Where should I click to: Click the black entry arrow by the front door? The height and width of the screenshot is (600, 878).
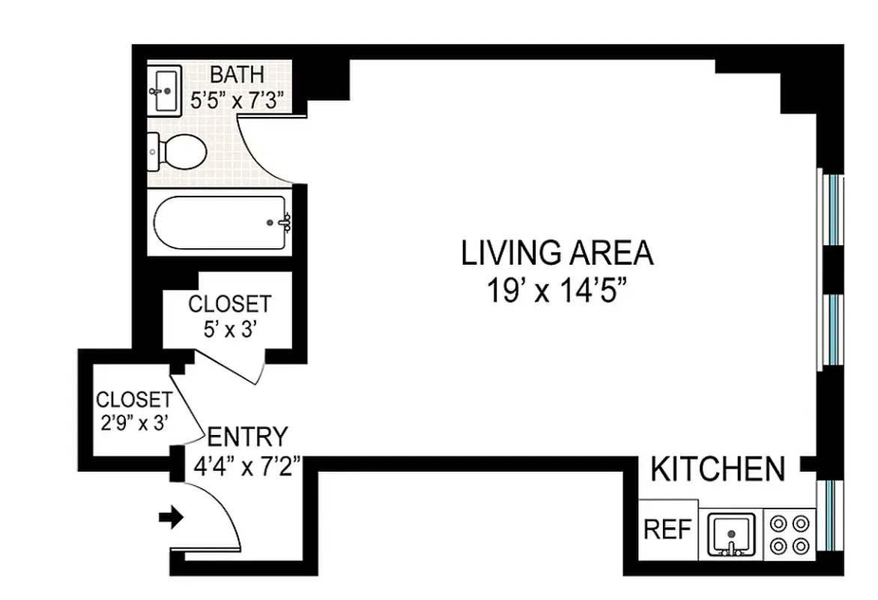click(x=172, y=517)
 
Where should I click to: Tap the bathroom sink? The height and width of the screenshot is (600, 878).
click(x=164, y=91)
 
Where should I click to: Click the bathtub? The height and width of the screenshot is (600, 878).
click(x=219, y=222)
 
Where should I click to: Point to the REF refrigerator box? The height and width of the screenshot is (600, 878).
click(x=667, y=530)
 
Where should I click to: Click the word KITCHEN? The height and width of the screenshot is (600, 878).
click(x=718, y=470)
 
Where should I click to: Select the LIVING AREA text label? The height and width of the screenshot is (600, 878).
click(x=557, y=253)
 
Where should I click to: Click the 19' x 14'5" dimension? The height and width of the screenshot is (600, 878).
click(x=557, y=289)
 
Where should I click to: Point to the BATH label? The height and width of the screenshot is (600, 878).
click(x=237, y=74)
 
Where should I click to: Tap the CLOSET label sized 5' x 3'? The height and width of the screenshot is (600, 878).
click(x=228, y=304)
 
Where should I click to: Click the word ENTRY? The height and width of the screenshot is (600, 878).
click(x=246, y=436)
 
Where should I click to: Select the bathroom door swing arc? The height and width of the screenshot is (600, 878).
click(x=262, y=154)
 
